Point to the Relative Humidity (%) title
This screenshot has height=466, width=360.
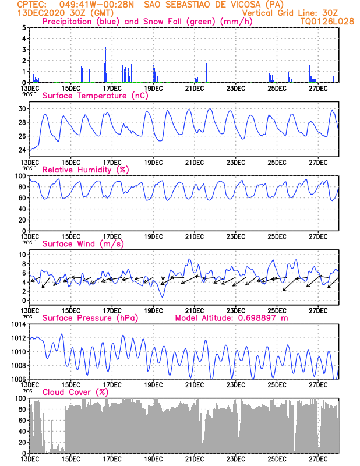85,170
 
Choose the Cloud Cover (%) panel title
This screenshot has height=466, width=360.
76,392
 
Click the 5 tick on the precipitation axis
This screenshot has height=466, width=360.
23,27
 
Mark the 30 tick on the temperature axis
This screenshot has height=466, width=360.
22,108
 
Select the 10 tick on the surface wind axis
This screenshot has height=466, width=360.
22,255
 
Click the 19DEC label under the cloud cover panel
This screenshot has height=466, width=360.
153,459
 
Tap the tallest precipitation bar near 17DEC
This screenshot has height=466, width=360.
105,64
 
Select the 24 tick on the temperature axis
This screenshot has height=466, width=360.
22,150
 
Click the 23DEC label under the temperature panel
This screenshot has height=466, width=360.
235,161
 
